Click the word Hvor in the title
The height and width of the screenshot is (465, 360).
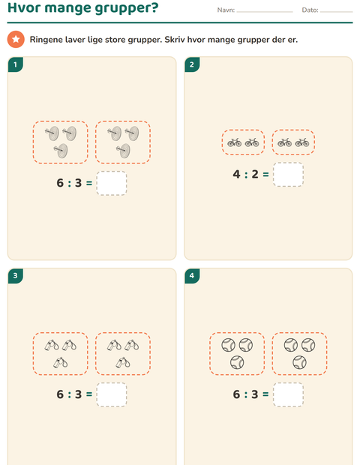(x=24, y=7)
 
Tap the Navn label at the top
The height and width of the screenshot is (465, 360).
(x=226, y=10)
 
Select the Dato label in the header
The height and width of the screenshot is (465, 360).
(x=310, y=10)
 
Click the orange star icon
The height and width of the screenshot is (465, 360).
(x=16, y=39)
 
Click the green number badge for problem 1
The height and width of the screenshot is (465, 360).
(x=16, y=64)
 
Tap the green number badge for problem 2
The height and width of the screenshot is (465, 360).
(x=192, y=64)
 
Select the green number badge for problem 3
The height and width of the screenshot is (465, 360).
(x=16, y=276)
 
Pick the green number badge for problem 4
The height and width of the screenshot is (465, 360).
(x=192, y=276)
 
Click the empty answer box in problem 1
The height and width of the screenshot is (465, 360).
(x=112, y=183)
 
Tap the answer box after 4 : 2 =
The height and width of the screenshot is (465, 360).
(x=288, y=174)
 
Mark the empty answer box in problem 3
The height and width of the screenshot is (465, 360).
(x=112, y=394)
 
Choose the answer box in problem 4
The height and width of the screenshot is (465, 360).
(x=288, y=394)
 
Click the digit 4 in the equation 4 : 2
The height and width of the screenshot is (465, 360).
(x=236, y=174)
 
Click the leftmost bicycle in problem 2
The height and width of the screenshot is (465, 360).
(x=235, y=142)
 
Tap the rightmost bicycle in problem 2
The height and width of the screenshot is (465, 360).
(x=302, y=142)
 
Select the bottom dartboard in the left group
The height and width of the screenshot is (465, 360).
(x=61, y=151)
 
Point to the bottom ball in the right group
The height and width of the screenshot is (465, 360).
(x=299, y=362)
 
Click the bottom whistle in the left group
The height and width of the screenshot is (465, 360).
(x=61, y=362)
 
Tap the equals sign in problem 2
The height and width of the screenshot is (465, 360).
(x=265, y=175)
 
